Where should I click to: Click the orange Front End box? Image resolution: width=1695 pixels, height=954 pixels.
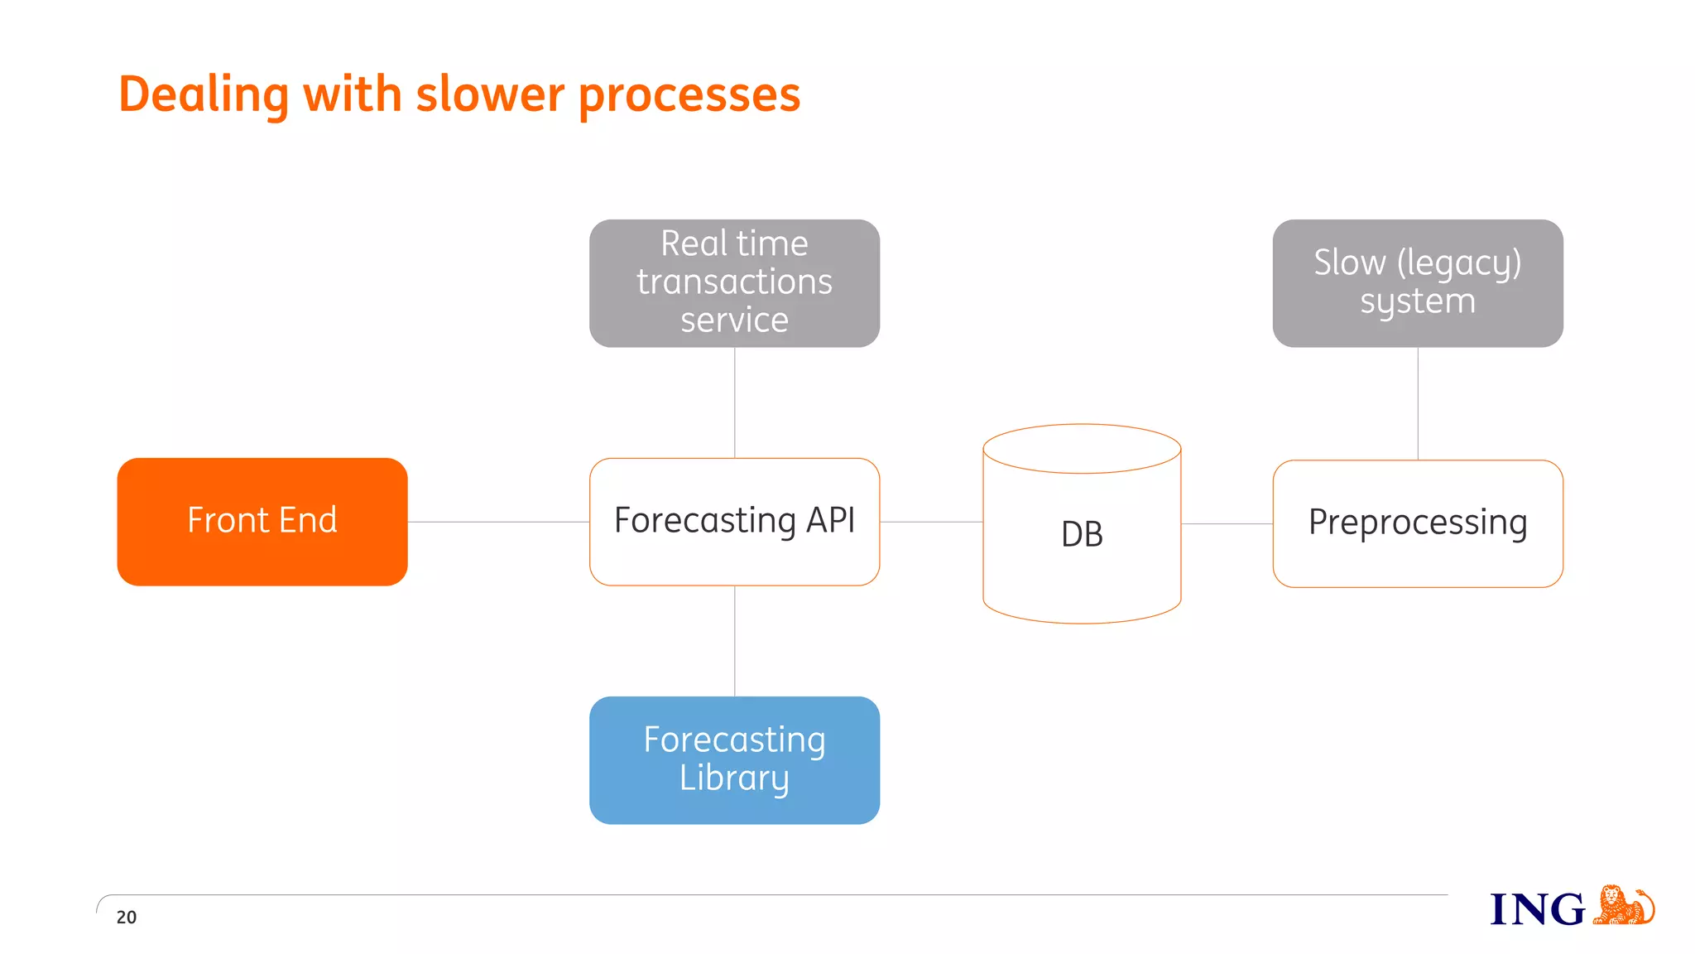tap(262, 521)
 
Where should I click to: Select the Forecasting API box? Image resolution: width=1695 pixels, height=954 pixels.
tap(734, 521)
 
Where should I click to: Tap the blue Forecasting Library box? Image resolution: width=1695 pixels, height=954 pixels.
tap(734, 759)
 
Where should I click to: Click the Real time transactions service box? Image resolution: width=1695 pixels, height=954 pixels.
tap(734, 282)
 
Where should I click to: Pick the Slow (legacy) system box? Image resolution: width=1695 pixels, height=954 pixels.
tap(1417, 282)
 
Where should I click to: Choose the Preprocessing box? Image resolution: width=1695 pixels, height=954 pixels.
tap(1417, 523)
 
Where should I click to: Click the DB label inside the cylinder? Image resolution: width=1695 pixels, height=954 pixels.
tap(1082, 534)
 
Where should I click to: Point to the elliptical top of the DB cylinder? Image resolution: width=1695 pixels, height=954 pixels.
tap(1082, 449)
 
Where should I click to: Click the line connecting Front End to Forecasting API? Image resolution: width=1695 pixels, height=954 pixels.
tap(498, 522)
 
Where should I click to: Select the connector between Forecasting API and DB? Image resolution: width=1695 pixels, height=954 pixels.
tap(931, 522)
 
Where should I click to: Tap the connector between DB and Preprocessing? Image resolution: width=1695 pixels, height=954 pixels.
tap(1227, 523)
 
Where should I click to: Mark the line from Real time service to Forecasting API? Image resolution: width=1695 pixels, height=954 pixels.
tap(735, 402)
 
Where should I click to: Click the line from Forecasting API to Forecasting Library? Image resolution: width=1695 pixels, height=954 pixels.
tap(735, 641)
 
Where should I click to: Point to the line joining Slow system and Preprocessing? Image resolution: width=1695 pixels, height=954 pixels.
tap(1418, 403)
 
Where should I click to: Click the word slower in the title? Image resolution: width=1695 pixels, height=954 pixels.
tap(490, 94)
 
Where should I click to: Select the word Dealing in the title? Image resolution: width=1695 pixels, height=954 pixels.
tap(204, 94)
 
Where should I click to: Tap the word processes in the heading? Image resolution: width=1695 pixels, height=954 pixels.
tap(689, 94)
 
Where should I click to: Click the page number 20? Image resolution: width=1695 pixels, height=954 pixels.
tap(127, 917)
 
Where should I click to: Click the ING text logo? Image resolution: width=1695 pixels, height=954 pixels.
tap(1537, 909)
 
